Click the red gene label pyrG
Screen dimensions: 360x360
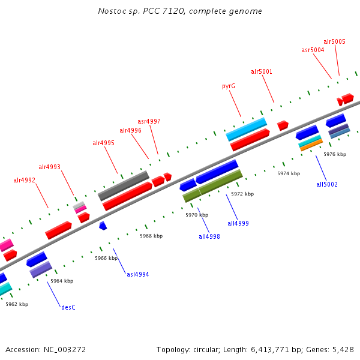point(228,86)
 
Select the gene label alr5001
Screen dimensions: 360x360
point(262,72)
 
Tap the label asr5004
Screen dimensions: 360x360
point(313,50)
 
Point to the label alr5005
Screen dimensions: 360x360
point(334,42)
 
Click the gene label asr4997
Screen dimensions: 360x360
point(149,121)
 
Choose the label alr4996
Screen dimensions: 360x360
point(130,130)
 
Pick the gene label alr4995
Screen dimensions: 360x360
point(103,143)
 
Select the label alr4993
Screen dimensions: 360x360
point(49,167)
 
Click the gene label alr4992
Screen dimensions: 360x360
point(24,180)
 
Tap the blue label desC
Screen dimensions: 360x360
point(68,307)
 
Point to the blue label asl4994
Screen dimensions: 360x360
point(137,274)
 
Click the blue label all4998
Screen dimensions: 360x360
point(209,236)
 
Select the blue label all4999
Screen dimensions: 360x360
point(238,223)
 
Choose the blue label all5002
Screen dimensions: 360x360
point(327,184)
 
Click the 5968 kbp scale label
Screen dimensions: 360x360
point(151,236)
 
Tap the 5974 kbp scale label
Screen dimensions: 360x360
point(288,173)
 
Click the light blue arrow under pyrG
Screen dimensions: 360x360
point(246,129)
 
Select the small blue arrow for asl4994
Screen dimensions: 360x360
point(103,226)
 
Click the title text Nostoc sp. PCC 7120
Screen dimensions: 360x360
point(141,11)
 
